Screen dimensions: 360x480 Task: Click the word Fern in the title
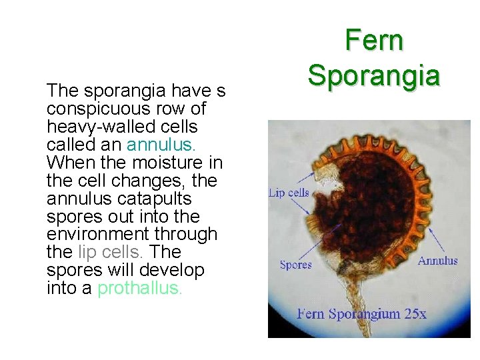pyautogui.click(x=374, y=41)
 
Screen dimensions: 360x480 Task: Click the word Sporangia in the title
pyautogui.click(x=374, y=75)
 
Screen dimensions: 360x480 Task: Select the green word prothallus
pyautogui.click(x=139, y=289)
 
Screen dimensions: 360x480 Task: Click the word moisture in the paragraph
pyautogui.click(x=161, y=162)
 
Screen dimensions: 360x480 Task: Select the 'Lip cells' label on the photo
pyautogui.click(x=289, y=193)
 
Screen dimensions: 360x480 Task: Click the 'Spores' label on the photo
pyautogui.click(x=295, y=265)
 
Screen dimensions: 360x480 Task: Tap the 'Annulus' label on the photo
pyautogui.click(x=437, y=261)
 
